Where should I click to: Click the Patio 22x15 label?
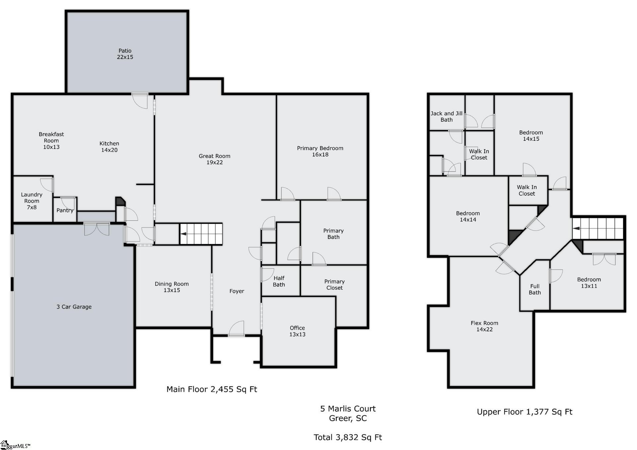coord(125,54)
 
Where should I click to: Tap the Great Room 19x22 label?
coord(214,159)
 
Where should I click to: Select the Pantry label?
coord(65,210)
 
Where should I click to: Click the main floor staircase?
coord(201,234)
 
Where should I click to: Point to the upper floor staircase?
coord(598,228)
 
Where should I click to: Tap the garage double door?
coord(97,229)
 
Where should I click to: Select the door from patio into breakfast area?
coord(140,100)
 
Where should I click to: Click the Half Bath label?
coord(279,281)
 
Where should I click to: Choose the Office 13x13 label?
coord(297,331)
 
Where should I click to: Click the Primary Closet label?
coord(334,285)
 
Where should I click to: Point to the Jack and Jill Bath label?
coord(446,116)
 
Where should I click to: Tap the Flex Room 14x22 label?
coord(484,326)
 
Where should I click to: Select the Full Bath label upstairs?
coord(534,289)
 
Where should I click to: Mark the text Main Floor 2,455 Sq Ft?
coord(212,389)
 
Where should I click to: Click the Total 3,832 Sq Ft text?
coord(348,437)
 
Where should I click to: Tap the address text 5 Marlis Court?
coord(348,409)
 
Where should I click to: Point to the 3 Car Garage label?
coord(74,307)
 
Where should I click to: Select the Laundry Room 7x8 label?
coord(32,201)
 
